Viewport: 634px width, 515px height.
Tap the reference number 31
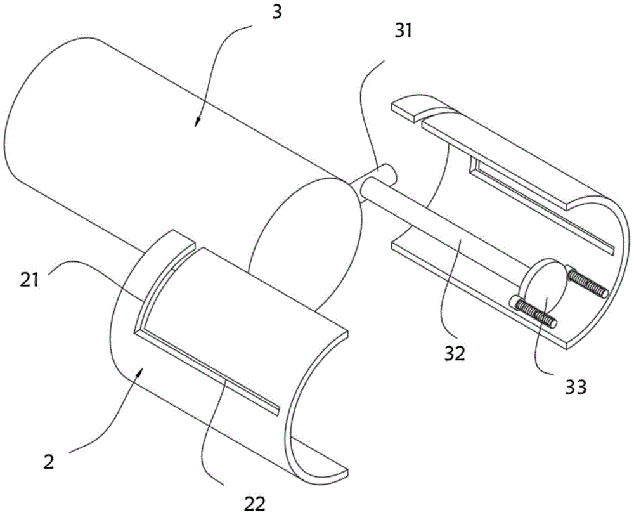(x=403, y=30)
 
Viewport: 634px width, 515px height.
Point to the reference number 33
(x=574, y=387)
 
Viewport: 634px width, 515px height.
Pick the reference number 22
(x=255, y=504)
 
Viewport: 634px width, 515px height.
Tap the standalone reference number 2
(x=49, y=462)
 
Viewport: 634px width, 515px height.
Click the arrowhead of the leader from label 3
(x=197, y=122)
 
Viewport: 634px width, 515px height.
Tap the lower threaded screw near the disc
(x=533, y=311)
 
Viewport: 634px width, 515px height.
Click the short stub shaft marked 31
(x=378, y=174)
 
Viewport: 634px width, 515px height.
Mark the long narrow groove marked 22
(x=207, y=370)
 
